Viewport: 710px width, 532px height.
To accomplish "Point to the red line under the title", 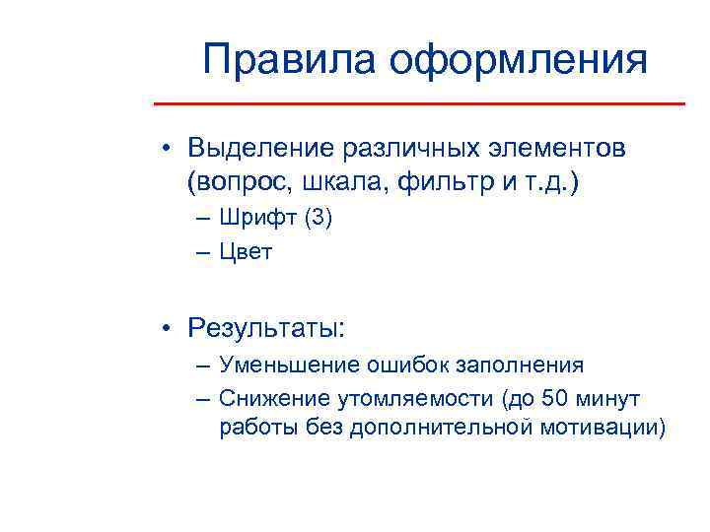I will (x=420, y=103).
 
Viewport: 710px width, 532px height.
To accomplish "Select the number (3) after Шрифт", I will (x=319, y=219).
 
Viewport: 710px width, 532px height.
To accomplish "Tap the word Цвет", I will (x=247, y=252).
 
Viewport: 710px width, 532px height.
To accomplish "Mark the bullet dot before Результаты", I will (x=170, y=327).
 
